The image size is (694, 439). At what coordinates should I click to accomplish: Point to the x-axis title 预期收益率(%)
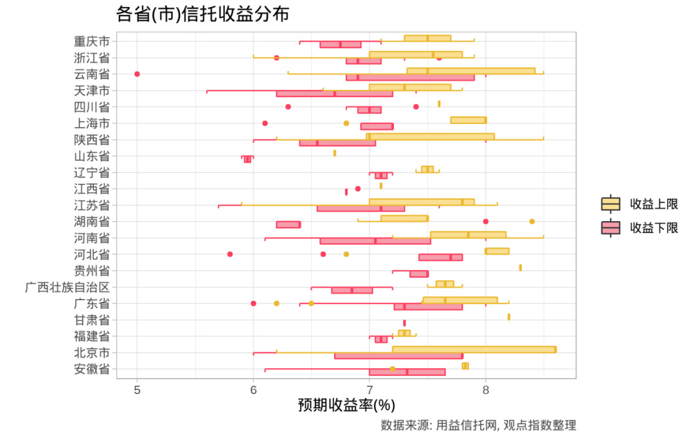point(346,405)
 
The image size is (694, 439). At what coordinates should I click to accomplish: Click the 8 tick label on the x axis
point(486,390)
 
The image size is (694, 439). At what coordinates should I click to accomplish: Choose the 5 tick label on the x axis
point(137,390)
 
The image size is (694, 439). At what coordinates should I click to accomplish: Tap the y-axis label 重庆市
point(91,41)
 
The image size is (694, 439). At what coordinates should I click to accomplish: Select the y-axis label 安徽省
point(91,368)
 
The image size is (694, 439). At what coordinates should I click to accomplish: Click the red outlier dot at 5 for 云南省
point(137,74)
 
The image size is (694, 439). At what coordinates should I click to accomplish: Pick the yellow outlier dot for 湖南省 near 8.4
point(532,221)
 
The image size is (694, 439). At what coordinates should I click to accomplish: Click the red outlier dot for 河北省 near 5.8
point(230,254)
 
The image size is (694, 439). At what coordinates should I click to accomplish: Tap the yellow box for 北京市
point(474,350)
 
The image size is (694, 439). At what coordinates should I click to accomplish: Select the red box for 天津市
point(334,94)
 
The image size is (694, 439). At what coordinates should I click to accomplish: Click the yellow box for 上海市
point(468,120)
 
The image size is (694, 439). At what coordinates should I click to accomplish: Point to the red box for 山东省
point(247,159)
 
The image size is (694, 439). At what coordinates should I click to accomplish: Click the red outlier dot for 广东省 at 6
point(253,303)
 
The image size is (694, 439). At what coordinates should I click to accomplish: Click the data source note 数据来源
point(477,425)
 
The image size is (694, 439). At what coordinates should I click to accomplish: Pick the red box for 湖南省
point(288,224)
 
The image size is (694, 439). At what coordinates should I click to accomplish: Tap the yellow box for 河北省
point(497,251)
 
